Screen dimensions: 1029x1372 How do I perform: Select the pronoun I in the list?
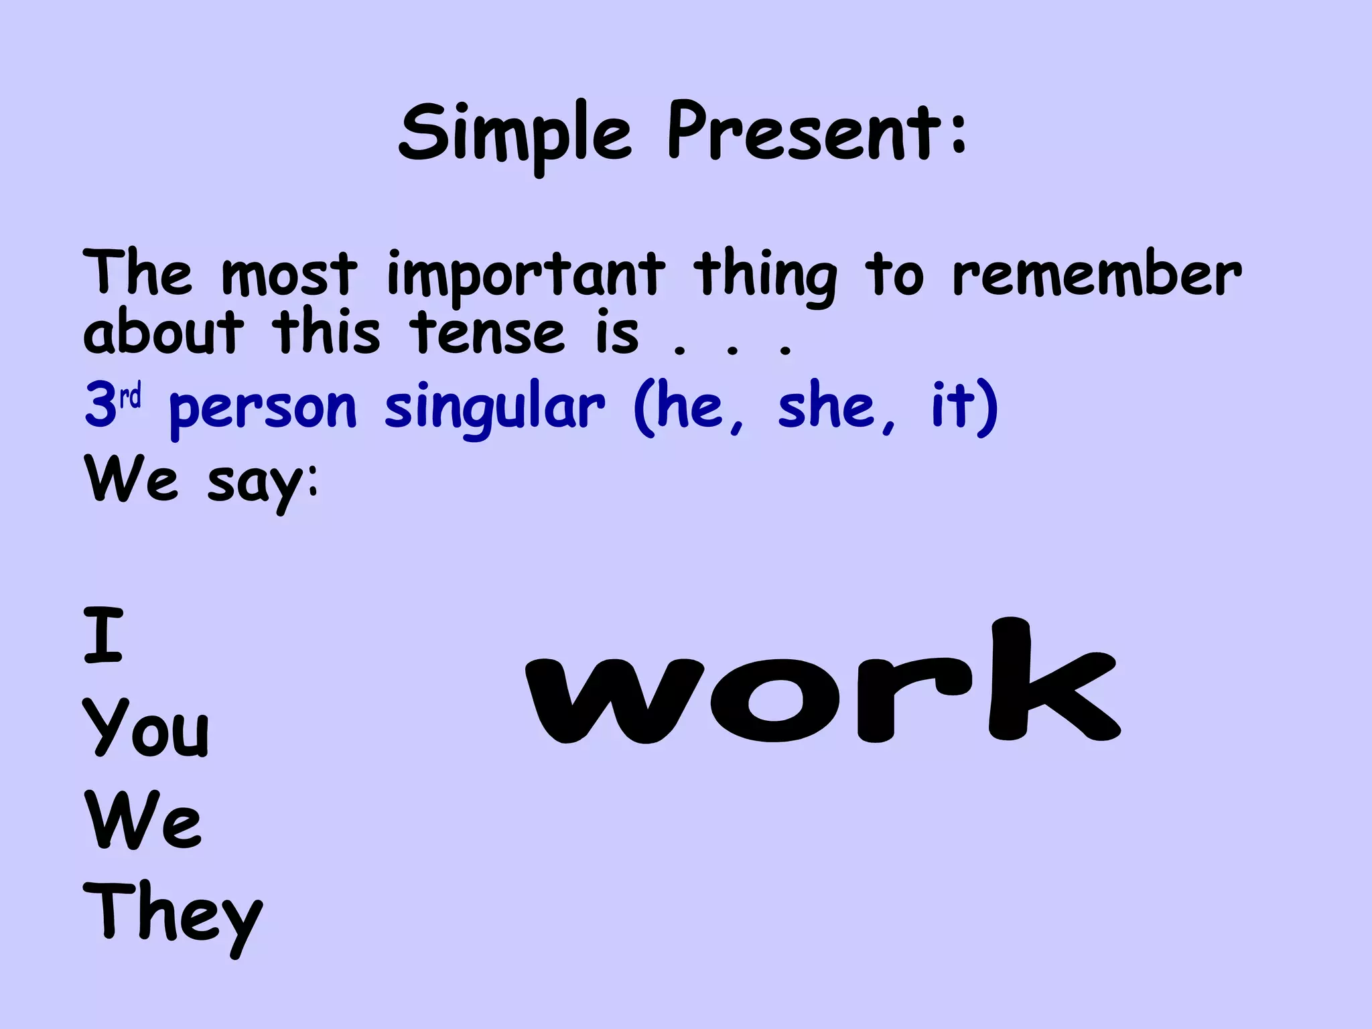click(x=104, y=634)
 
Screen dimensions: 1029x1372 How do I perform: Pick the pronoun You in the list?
click(x=147, y=729)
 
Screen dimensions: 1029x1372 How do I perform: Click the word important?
click(x=526, y=275)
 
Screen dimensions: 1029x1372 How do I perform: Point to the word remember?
click(x=1097, y=275)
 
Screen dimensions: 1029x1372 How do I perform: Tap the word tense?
click(x=488, y=333)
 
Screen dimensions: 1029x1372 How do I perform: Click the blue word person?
click(x=263, y=409)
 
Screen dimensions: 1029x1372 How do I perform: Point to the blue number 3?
click(x=100, y=406)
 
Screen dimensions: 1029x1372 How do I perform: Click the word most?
click(x=289, y=275)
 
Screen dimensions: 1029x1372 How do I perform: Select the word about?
click(x=163, y=333)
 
